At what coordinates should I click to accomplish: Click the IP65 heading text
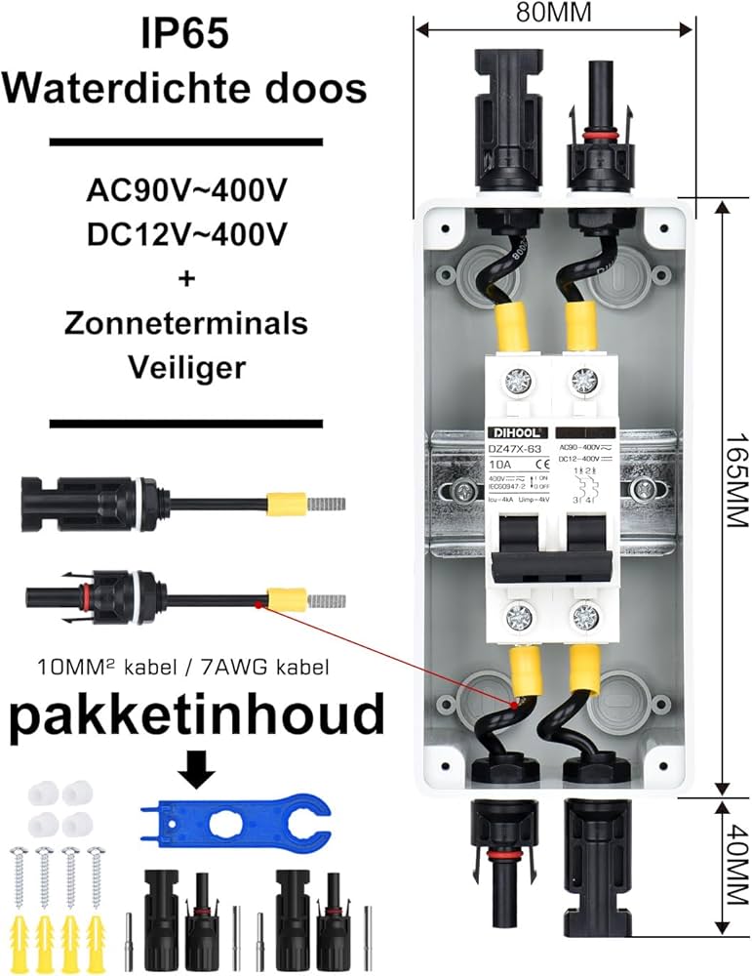[185, 34]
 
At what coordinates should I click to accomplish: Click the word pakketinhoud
[196, 716]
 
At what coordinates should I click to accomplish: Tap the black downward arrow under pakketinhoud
[198, 770]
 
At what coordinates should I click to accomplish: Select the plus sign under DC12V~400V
[185, 278]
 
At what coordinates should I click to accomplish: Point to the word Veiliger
[185, 368]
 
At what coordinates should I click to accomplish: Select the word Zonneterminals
[185, 323]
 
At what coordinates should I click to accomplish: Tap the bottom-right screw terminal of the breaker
[586, 617]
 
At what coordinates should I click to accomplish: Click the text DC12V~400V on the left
[185, 233]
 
